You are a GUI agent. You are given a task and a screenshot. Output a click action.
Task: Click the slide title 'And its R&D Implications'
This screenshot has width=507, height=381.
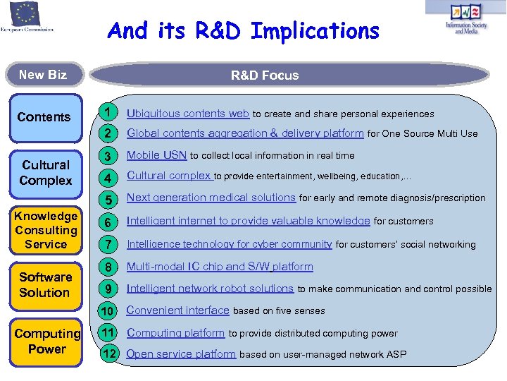[x=243, y=31]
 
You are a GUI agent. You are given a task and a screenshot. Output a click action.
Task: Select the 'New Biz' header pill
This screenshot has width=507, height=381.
[x=43, y=75]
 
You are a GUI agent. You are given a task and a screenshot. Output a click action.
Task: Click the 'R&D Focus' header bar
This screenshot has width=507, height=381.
[x=265, y=75]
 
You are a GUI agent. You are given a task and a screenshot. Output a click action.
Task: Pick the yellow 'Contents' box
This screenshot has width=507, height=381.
[x=44, y=117]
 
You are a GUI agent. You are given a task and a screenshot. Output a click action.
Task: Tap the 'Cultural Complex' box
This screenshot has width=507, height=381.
[x=46, y=173]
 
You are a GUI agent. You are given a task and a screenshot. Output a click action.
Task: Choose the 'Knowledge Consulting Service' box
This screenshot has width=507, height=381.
[x=46, y=230]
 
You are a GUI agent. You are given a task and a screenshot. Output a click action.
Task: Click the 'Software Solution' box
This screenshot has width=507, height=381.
[x=45, y=285]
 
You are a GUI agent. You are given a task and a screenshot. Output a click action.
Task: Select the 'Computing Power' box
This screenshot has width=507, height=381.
[x=46, y=341]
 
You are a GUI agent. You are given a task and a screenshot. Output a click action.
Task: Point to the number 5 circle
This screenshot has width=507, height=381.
[x=108, y=199]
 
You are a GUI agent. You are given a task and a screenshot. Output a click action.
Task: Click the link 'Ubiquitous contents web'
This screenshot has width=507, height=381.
[x=188, y=114]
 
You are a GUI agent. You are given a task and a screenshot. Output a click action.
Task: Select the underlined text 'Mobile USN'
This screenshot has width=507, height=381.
[x=156, y=155]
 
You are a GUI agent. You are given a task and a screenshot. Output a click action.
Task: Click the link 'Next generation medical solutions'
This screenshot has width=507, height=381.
[x=211, y=198]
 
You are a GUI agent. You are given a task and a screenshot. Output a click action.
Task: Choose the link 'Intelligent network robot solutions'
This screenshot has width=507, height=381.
[x=210, y=288]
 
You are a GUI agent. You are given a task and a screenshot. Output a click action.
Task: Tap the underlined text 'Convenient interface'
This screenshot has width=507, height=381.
[x=178, y=310]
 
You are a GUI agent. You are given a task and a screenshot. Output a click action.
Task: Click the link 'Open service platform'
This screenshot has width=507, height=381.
[x=181, y=354]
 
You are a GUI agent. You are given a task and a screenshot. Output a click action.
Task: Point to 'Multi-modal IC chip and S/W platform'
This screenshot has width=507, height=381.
[x=220, y=267]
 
